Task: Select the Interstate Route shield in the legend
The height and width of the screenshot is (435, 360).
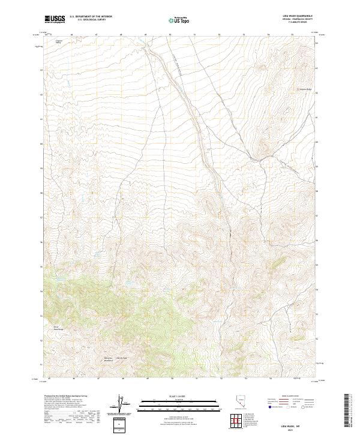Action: (269, 413)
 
